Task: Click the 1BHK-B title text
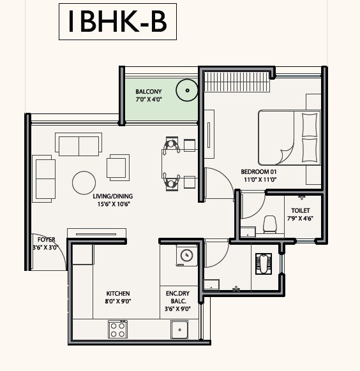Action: [117, 22]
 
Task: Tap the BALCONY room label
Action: [148, 92]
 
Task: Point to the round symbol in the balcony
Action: [187, 91]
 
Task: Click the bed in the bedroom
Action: [289, 138]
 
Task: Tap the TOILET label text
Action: [301, 210]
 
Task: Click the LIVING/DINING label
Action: [114, 196]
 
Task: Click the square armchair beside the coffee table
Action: [117, 167]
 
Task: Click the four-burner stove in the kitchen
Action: [117, 329]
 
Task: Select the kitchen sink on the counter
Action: [179, 330]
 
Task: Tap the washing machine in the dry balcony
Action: [186, 256]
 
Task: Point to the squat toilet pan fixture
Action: [263, 263]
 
